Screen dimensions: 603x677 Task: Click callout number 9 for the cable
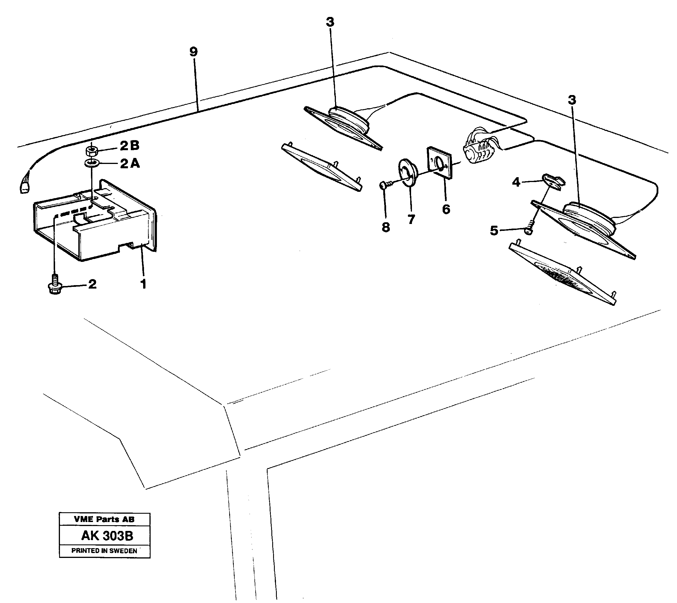(193, 52)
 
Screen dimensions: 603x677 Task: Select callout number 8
(386, 227)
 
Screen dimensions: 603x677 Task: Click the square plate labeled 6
(439, 163)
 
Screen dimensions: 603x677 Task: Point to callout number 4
(516, 182)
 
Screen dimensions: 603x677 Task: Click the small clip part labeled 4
(553, 181)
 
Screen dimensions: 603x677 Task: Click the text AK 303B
(107, 536)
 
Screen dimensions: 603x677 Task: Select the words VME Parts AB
(104, 519)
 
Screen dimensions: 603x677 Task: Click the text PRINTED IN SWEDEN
(104, 551)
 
